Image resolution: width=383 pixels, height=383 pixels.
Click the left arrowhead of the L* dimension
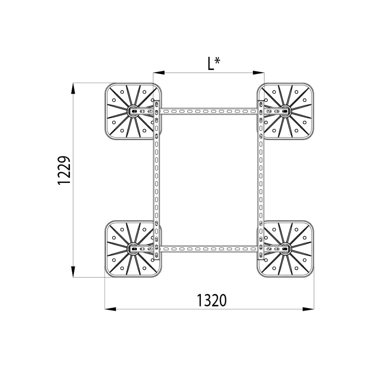point(159,73)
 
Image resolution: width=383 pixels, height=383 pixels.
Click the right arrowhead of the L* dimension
point(259,73)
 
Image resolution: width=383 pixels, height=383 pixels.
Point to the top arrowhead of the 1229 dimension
point(73,88)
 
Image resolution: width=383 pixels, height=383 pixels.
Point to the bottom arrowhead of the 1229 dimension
point(73,272)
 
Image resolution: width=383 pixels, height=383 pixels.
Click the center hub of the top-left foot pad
point(133,111)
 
